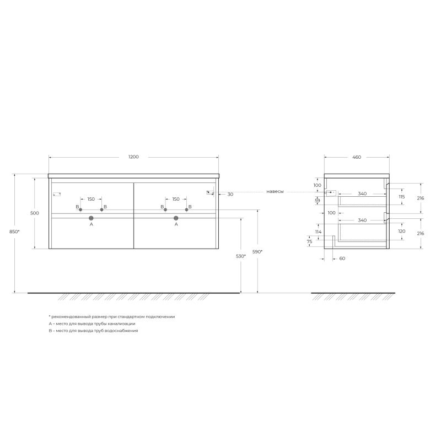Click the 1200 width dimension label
pos(133,157)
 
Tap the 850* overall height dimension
pos(15,232)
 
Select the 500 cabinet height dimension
pos(35,213)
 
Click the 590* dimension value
pos(257,252)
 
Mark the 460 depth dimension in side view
pos(356,157)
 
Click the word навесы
pos(275,192)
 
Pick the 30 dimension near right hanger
pos(230,194)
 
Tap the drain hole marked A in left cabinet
pos(92,218)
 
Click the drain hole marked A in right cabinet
pos(176,218)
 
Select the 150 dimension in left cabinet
pos(92,199)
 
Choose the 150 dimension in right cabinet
pos(176,199)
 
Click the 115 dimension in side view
pos(401,197)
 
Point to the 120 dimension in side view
pos(401,231)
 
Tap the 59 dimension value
pos(318,201)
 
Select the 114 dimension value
pos(318,232)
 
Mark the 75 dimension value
pos(309,241)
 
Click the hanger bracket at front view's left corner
pos(56,193)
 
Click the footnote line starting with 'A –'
pos(92,324)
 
